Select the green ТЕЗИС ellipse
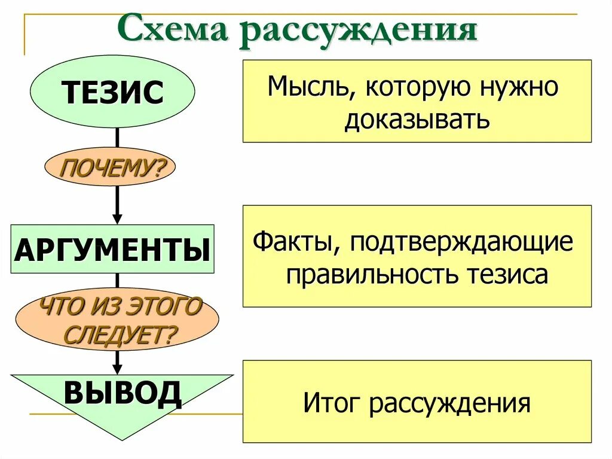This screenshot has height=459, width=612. pos(112,92)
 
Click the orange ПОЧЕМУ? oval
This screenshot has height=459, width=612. pos(111,167)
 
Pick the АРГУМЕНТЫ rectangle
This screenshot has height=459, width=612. pos(112,250)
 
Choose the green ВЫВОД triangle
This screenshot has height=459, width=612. pos(122,395)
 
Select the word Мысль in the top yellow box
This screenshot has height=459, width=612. pos(308,88)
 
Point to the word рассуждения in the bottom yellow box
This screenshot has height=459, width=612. pos(449,403)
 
